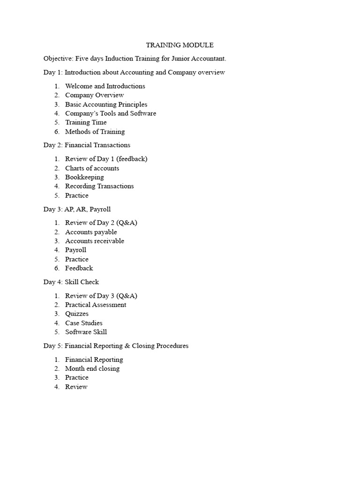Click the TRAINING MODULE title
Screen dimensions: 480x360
tap(180, 45)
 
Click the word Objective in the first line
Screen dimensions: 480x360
tap(58, 59)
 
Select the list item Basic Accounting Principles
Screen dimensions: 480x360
tap(106, 105)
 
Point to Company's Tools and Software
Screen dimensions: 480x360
tap(111, 113)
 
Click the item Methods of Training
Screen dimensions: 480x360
tap(95, 132)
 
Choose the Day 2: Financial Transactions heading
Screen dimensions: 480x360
tap(87, 145)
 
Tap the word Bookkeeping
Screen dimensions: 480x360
tap(84, 177)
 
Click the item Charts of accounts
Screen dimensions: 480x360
tap(92, 168)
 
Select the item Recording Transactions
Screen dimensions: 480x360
tap(99, 186)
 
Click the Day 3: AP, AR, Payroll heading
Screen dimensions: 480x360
tap(77, 209)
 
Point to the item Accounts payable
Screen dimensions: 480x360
tap(91, 232)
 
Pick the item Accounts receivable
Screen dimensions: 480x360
tap(95, 241)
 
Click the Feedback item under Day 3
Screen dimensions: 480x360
tap(79, 268)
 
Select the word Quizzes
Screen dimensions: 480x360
tap(77, 314)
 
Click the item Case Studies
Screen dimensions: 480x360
tap(83, 323)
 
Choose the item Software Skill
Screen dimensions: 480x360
tap(86, 332)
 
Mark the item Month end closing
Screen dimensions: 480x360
tap(92, 368)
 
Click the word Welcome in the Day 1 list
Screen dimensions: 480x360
tap(79, 86)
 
